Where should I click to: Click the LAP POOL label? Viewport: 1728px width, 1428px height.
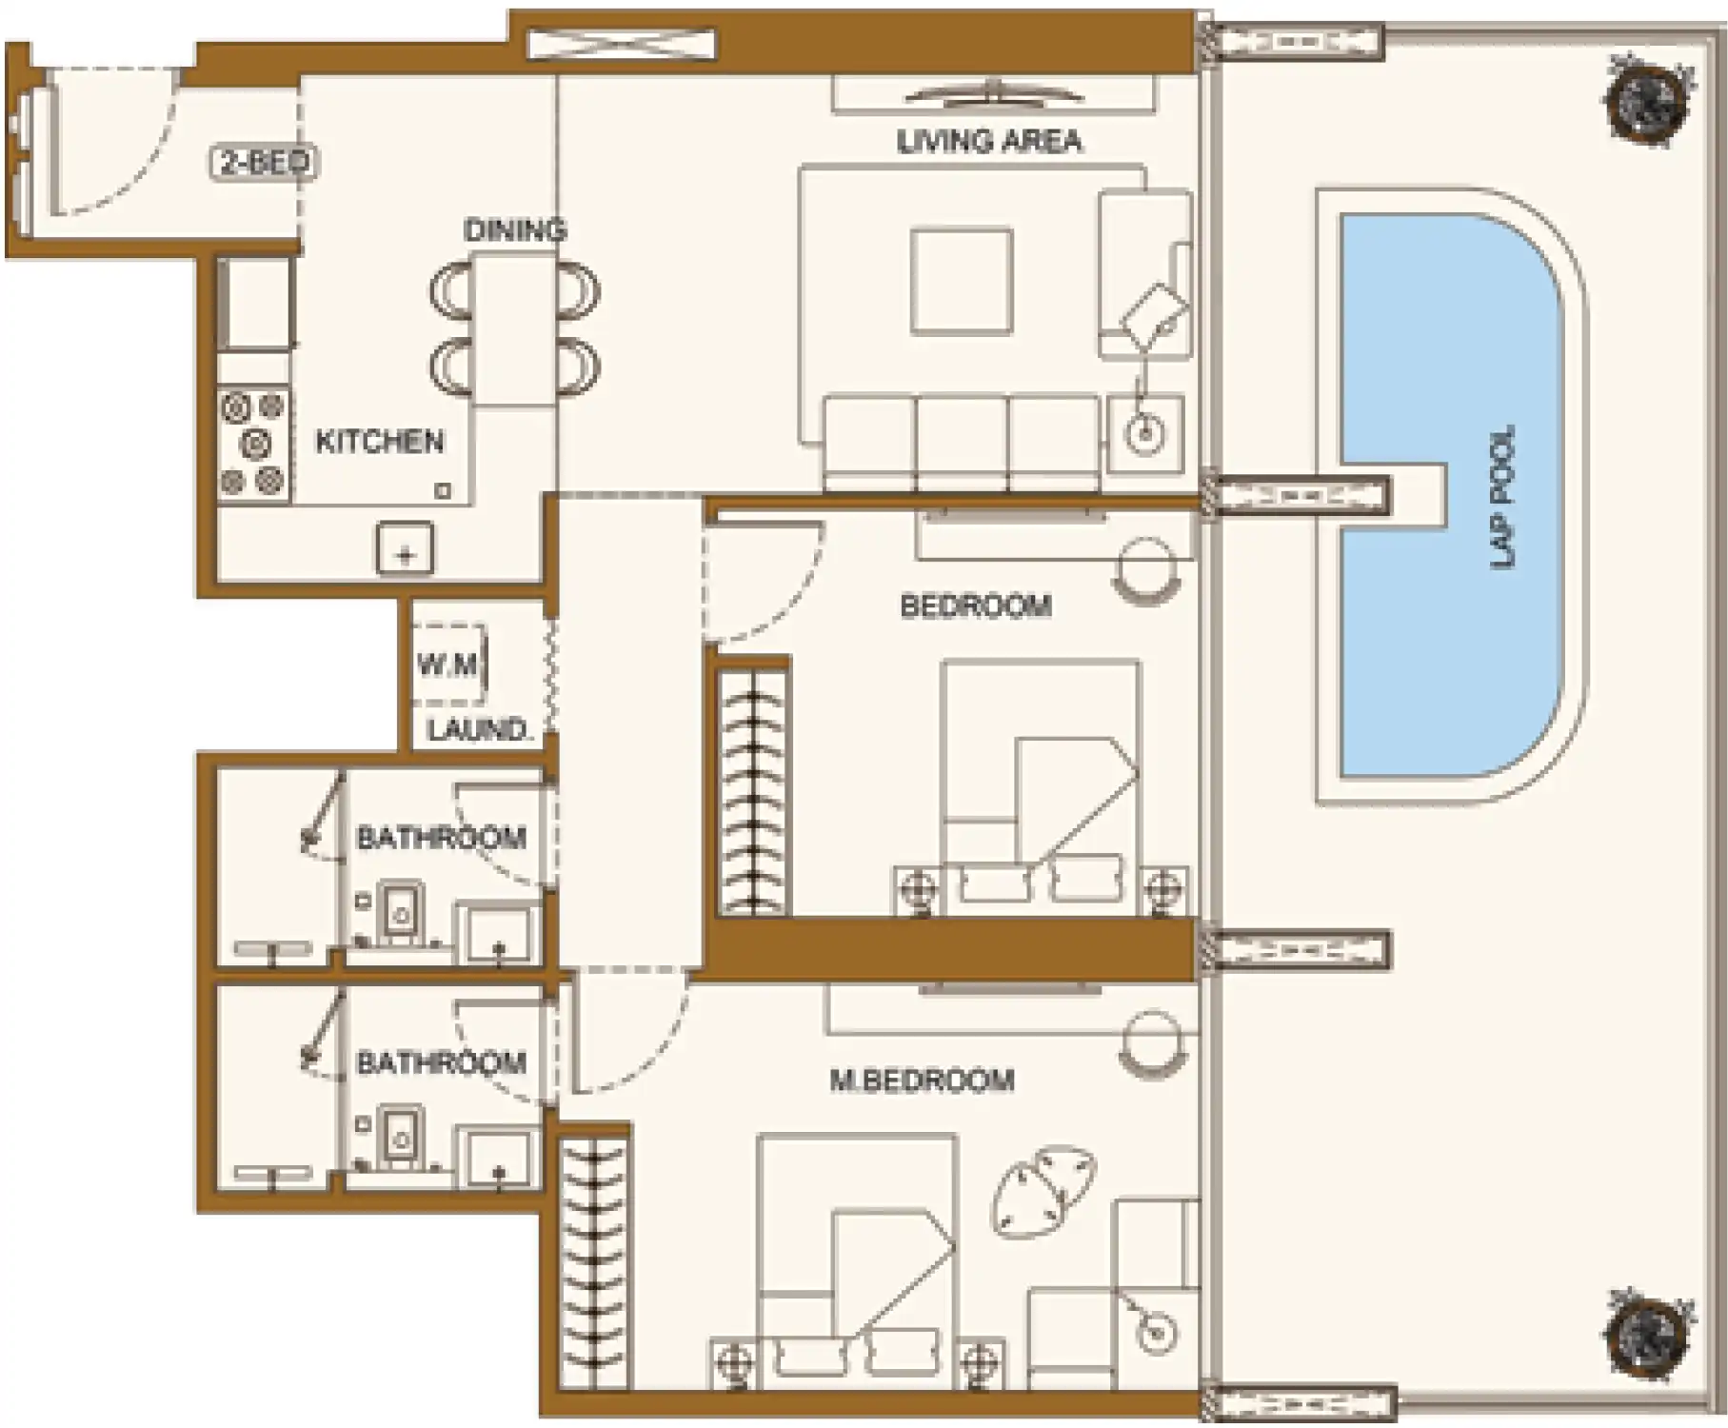1503,496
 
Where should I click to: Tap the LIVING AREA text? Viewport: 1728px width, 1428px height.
989,142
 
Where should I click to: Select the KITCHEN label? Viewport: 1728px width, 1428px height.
380,442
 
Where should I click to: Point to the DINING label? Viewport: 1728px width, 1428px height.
515,229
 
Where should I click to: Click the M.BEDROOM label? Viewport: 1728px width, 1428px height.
922,1080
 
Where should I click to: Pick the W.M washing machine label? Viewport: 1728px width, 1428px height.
447,664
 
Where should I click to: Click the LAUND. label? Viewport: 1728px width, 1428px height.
478,730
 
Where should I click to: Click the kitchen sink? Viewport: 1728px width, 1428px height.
406,549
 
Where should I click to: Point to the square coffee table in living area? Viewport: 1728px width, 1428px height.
961,281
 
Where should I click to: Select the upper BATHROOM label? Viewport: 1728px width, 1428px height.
441,839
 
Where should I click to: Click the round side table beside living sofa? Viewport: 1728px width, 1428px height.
1145,435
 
